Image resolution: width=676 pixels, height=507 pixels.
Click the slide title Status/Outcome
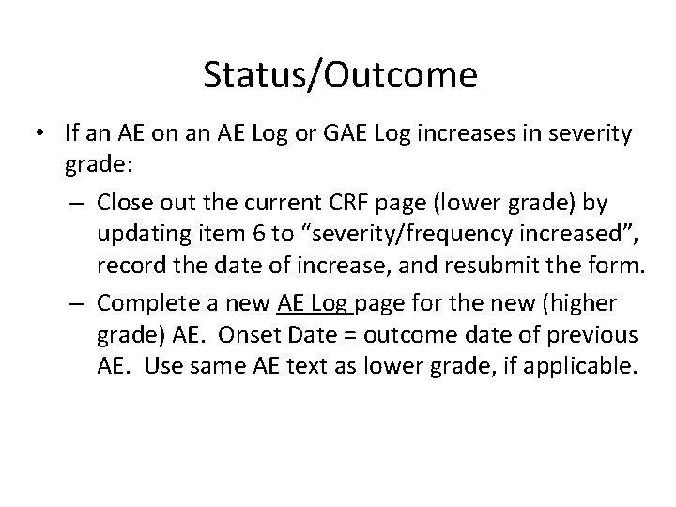point(339,76)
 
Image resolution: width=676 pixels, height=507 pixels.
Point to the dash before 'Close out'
point(80,201)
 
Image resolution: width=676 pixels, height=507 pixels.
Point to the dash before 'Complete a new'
point(80,302)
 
